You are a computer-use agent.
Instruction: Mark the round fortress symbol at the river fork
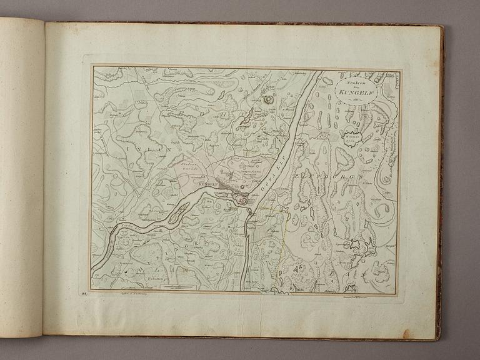click(241, 199)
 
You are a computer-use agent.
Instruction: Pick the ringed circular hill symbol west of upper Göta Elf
click(269, 99)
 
